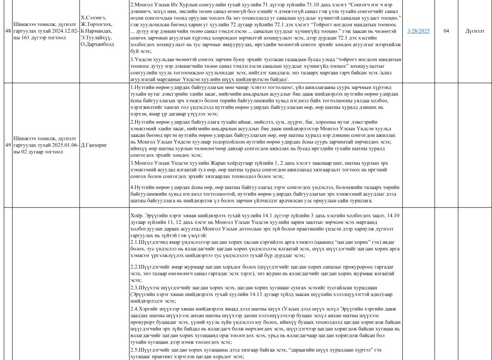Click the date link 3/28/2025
pos(418,31)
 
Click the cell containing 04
pos(446,31)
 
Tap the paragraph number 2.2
pos(135,266)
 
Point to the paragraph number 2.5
pos(135,349)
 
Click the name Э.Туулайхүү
pos(97,38)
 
